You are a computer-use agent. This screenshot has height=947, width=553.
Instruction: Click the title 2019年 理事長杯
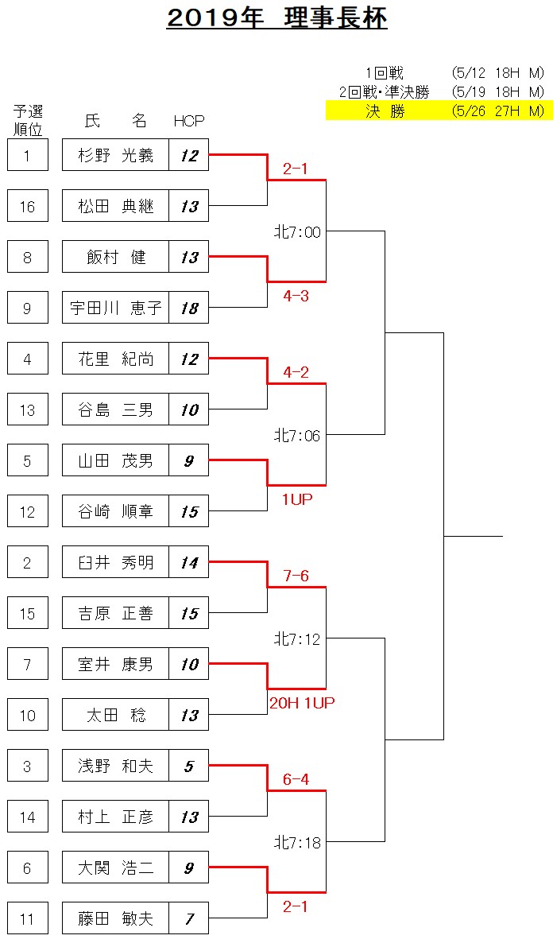tap(276, 19)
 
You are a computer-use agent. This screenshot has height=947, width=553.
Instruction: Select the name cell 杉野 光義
tap(115, 155)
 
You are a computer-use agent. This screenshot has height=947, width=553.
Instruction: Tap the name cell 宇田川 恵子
tap(115, 308)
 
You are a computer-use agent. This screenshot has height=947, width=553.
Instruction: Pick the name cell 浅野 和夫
tap(115, 766)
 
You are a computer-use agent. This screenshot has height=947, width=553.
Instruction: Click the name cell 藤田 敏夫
tap(115, 918)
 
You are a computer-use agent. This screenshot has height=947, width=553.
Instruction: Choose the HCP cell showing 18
tap(189, 308)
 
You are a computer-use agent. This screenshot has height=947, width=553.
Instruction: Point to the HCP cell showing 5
tap(189, 766)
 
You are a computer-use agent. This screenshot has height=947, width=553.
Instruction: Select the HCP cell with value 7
tap(189, 918)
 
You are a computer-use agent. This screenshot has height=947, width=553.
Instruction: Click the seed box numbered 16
tap(28, 207)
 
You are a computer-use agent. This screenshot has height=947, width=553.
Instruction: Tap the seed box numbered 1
tap(28, 155)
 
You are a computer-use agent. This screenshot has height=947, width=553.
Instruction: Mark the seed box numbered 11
tap(28, 918)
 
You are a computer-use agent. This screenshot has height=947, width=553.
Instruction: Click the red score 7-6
tap(296, 576)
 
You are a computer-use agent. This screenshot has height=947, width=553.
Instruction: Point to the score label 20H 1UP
tap(302, 702)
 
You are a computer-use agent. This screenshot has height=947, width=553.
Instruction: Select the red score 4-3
tap(296, 295)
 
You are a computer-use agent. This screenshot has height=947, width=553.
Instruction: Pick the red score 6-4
tap(296, 779)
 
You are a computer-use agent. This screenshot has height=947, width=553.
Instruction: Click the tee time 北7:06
tap(297, 435)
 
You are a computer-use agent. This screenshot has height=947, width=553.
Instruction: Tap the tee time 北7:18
tap(297, 842)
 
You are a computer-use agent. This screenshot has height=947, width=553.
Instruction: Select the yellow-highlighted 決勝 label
tap(385, 111)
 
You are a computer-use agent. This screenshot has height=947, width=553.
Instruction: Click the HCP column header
tap(189, 121)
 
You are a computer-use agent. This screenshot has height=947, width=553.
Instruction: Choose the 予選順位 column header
tap(28, 119)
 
